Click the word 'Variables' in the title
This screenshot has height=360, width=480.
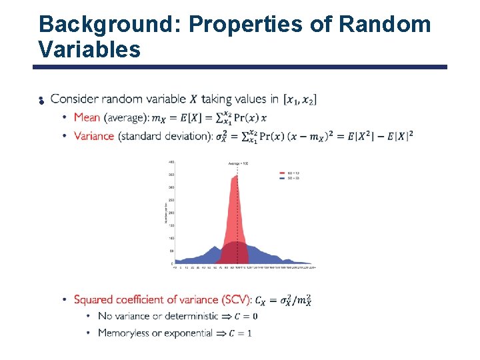coord(89,49)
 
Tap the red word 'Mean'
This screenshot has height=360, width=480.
coord(87,117)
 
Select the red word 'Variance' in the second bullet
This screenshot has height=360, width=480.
coord(94,136)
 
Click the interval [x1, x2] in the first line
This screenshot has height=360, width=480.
coord(300,99)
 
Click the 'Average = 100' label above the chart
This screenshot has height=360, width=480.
coord(238,163)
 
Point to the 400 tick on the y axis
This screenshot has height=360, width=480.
coord(171,162)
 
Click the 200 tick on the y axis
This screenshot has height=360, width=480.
coord(171,213)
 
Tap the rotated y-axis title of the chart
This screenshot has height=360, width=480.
coord(166,213)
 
